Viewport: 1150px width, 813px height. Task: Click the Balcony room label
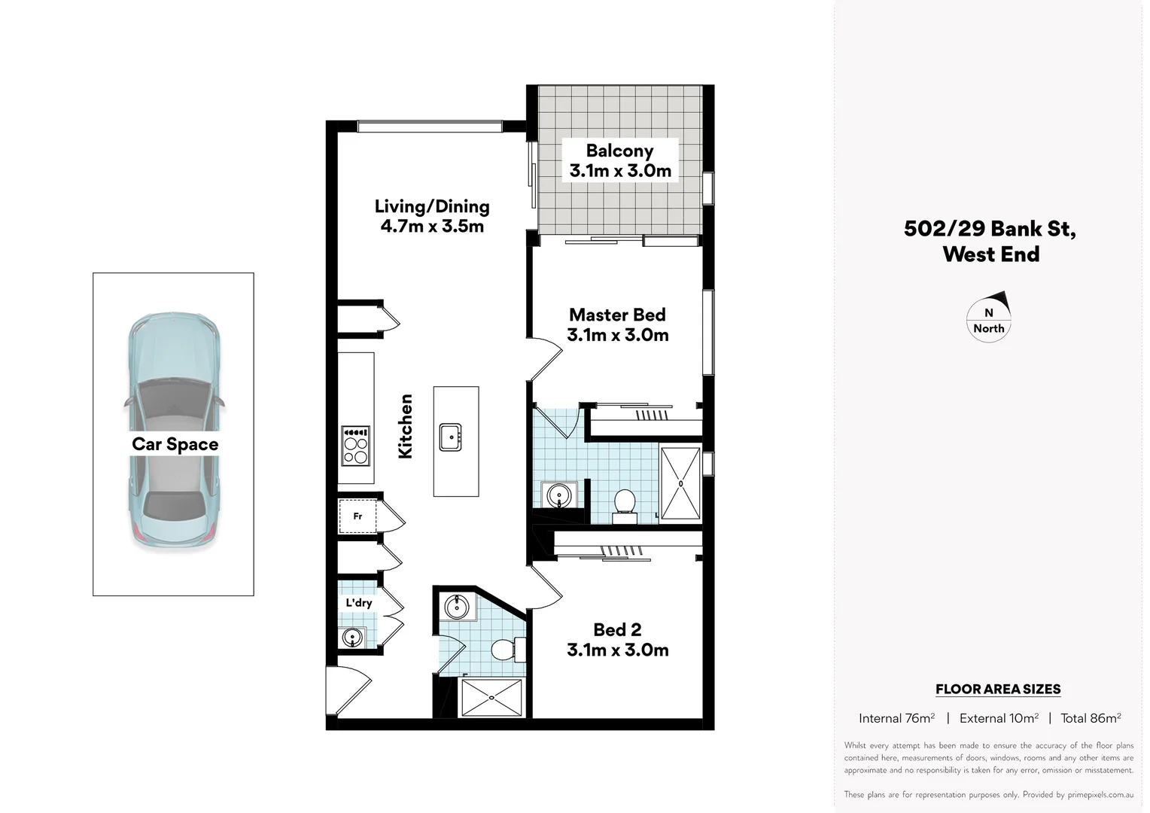tap(619, 151)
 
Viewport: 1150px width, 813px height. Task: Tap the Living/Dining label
tap(432, 206)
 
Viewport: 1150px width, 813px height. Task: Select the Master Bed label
tap(617, 315)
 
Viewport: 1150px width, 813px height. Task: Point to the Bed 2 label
tap(617, 629)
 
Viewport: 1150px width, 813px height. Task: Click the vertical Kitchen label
tap(406, 426)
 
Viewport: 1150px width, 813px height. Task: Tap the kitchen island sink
tap(451, 437)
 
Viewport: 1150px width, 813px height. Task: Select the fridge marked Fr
tap(357, 516)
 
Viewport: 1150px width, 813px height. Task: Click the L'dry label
tap(359, 603)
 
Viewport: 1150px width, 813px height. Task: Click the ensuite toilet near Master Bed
tap(625, 504)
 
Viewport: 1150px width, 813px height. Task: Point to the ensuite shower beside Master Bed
tap(680, 483)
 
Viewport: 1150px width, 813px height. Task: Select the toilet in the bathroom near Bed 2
tap(505, 648)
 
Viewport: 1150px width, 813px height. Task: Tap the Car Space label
tap(175, 444)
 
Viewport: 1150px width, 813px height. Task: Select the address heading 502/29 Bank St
tap(990, 229)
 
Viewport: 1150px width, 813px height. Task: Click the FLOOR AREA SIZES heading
tap(997, 689)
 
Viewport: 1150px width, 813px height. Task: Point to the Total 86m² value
tap(1091, 718)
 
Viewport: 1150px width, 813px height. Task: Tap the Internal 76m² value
tap(896, 718)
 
